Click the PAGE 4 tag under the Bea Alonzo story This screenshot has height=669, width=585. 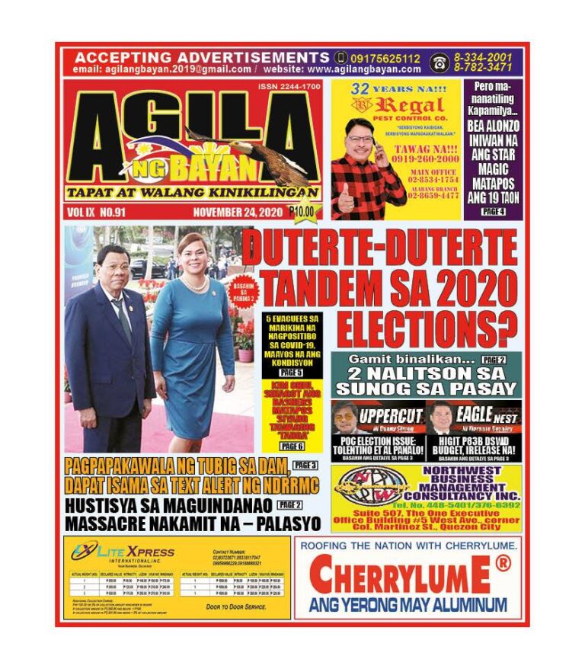(493, 211)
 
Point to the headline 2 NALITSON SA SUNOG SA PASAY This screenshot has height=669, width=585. (426, 381)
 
